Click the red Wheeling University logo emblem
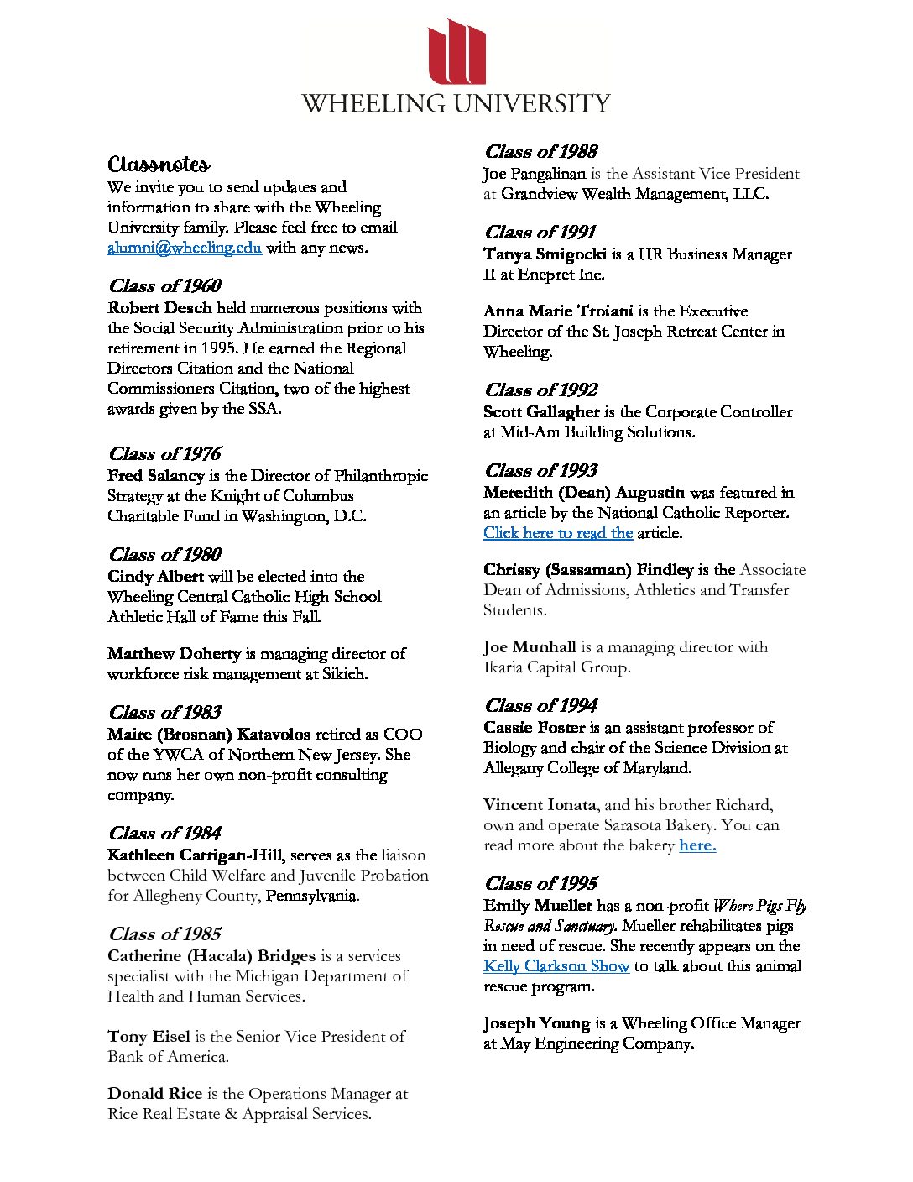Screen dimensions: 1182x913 click(x=456, y=52)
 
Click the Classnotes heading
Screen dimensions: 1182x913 click(x=159, y=164)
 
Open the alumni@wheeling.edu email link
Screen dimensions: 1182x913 click(x=185, y=248)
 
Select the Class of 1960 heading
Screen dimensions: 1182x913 click(x=164, y=285)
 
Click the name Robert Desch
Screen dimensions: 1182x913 click(x=159, y=308)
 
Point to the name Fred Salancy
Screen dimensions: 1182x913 click(x=155, y=476)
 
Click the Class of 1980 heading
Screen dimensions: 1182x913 click(x=164, y=554)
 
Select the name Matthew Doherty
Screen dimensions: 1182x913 click(x=174, y=654)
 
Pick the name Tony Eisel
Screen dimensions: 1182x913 click(x=149, y=1037)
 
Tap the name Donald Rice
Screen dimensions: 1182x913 click(x=154, y=1094)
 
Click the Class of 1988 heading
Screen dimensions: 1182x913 click(x=540, y=151)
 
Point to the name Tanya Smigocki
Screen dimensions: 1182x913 click(x=545, y=254)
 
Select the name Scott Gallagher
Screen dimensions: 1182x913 click(x=541, y=412)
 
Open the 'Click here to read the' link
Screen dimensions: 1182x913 click(x=558, y=533)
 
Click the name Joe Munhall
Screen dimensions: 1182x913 click(x=530, y=647)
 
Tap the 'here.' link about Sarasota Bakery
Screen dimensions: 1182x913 click(x=697, y=845)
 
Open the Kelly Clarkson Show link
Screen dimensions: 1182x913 click(x=556, y=966)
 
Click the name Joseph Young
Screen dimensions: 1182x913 click(x=536, y=1023)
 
